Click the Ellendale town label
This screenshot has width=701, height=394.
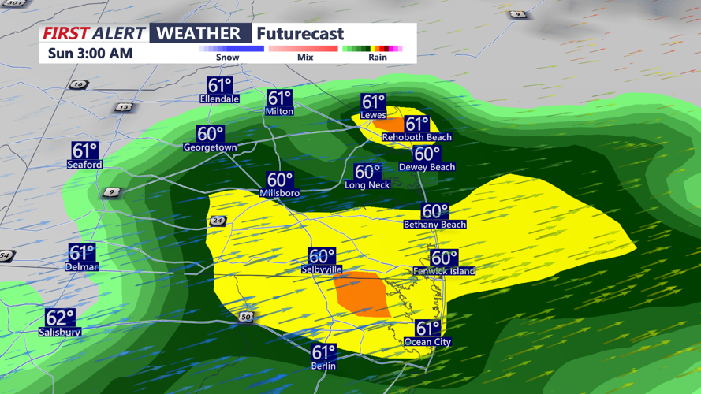click(219, 99)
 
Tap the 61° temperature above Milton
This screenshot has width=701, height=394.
click(280, 98)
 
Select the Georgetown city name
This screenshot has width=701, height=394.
click(210, 147)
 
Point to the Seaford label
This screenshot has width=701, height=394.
click(84, 165)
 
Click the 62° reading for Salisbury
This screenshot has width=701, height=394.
click(60, 318)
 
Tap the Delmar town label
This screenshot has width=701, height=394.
click(81, 267)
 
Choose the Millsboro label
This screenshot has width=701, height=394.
click(280, 193)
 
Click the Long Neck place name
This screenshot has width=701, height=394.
click(367, 185)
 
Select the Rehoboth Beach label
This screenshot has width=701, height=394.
click(416, 137)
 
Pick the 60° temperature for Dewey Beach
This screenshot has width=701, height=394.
click(427, 154)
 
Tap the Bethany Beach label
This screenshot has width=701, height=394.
click(434, 225)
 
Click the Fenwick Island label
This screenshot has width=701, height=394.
click(444, 271)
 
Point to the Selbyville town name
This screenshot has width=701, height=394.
click(322, 269)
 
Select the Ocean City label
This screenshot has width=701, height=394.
click(427, 342)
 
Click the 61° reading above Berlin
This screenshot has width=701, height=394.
click(324, 352)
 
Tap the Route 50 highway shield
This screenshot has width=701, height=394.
click(246, 317)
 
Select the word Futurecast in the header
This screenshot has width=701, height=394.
click(300, 34)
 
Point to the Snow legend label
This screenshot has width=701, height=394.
click(228, 58)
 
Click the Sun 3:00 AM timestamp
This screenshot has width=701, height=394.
click(90, 54)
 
